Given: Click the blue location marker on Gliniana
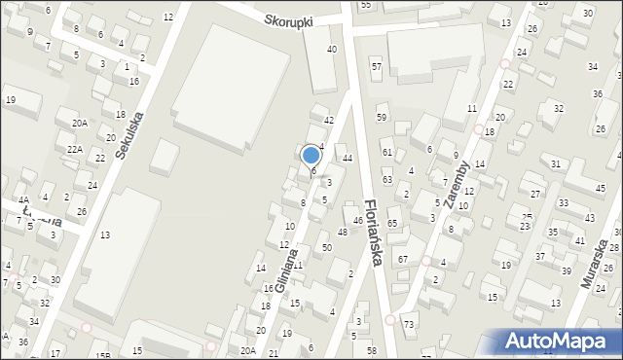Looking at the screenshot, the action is [311, 156].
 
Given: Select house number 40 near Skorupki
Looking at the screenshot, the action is [332, 49].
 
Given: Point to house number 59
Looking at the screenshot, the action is [382, 118].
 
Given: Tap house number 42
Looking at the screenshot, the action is [328, 120].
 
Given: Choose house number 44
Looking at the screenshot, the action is [347, 158].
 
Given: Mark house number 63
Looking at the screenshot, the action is [386, 180].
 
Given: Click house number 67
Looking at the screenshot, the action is [403, 259].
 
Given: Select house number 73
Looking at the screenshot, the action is [409, 324].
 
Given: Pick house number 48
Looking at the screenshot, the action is [342, 232].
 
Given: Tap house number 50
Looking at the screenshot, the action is [326, 248].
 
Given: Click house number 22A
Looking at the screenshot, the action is [74, 150].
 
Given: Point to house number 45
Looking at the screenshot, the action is [600, 188].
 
